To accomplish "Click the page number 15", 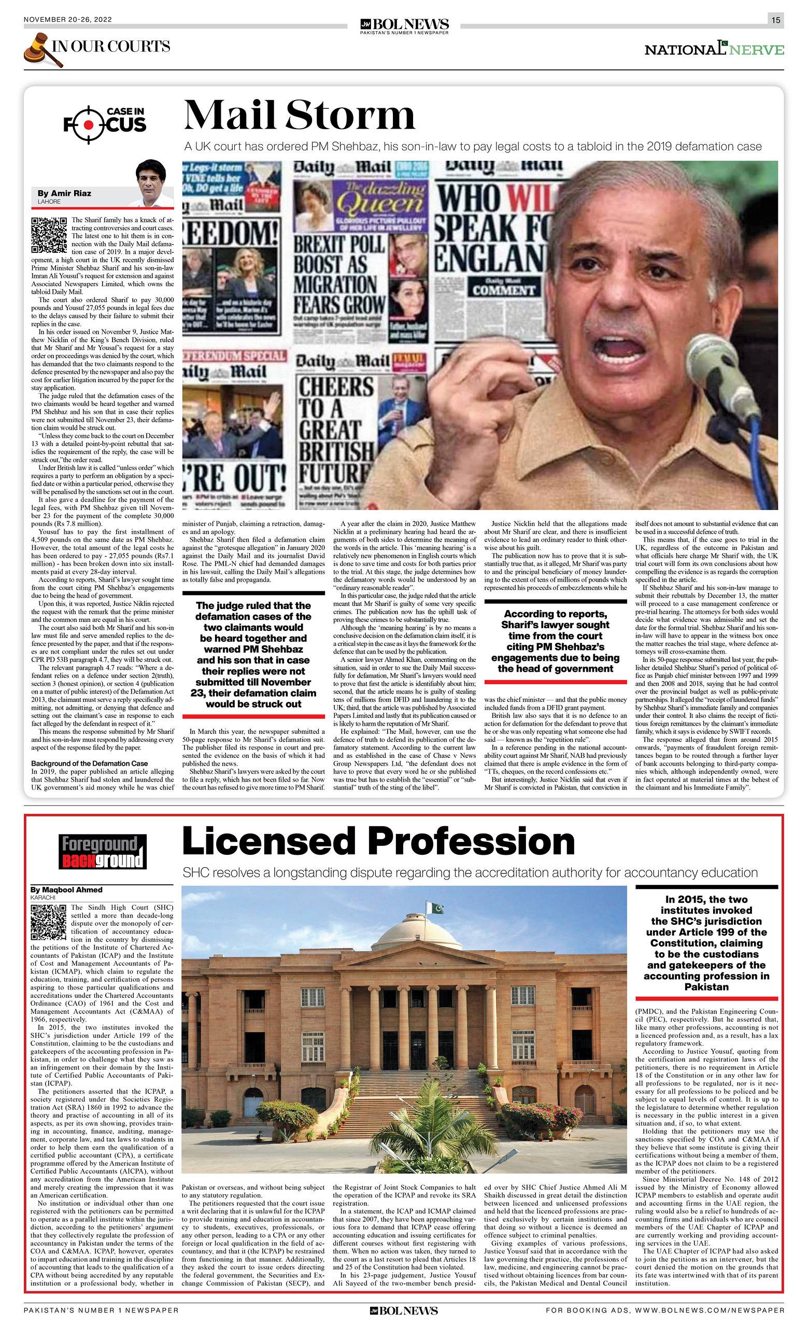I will [x=776, y=20].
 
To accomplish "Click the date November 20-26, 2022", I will [x=67, y=20].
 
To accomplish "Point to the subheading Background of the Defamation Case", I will [x=89, y=763].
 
